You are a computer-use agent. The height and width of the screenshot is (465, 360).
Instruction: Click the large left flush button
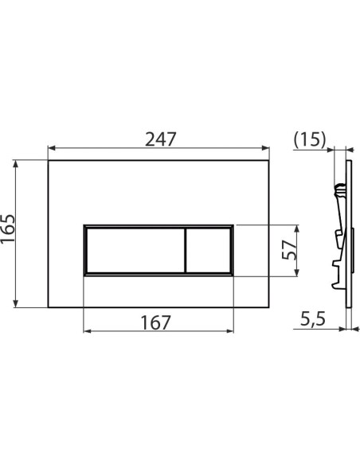point(134,250)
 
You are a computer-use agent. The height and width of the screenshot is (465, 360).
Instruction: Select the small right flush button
point(209,250)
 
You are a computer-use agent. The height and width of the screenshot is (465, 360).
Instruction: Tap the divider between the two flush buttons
point(186,250)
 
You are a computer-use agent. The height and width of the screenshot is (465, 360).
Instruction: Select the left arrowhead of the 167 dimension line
point(87,331)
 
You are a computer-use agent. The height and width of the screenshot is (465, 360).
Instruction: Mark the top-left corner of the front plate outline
point(49,160)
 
